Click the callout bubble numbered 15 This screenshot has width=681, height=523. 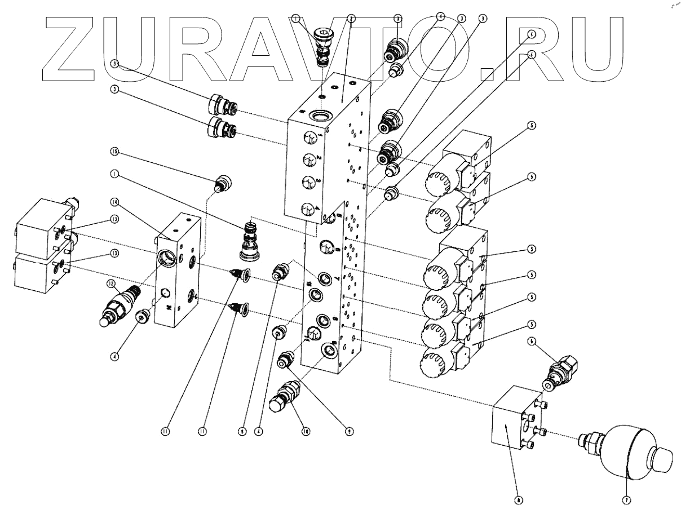pyautogui.click(x=114, y=152)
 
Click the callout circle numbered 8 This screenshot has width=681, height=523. pyautogui.click(x=518, y=499)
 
